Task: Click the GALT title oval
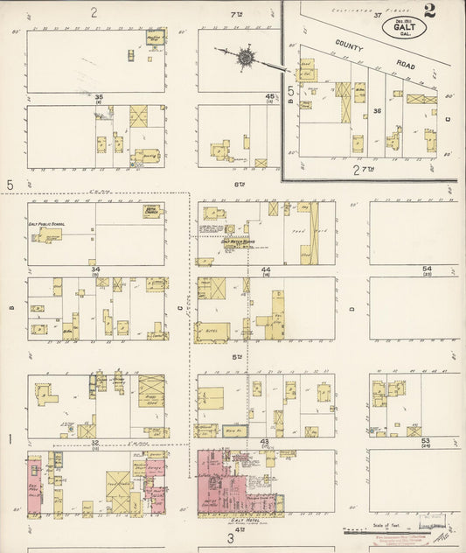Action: [404, 27]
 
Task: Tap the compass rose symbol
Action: [246, 58]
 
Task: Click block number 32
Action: [96, 443]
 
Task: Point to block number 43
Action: [265, 441]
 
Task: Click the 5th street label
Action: [236, 356]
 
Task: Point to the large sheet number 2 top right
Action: [430, 11]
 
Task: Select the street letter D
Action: [351, 308]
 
